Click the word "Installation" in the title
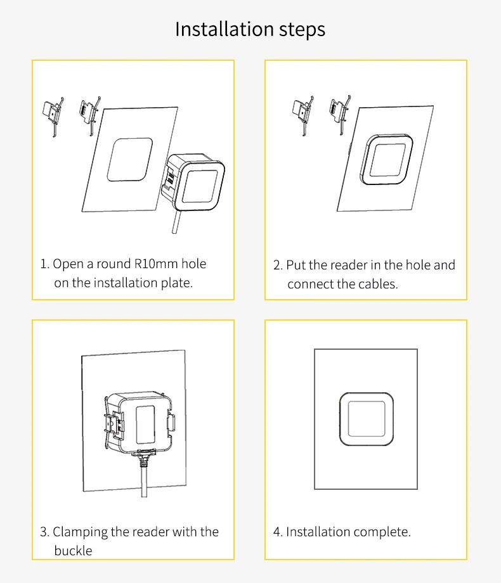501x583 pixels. [x=224, y=29]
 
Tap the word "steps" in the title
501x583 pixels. [x=303, y=30]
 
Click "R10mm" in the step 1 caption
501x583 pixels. [x=155, y=264]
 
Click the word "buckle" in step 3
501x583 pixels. [x=73, y=550]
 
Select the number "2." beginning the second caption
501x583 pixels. [x=278, y=265]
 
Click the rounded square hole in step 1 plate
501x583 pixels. [x=130, y=160]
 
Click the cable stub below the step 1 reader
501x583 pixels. [x=176, y=222]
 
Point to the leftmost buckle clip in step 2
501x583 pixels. [x=303, y=115]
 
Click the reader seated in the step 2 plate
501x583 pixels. [x=386, y=159]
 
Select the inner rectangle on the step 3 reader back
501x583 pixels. [x=145, y=425]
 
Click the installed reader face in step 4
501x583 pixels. [x=367, y=419]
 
